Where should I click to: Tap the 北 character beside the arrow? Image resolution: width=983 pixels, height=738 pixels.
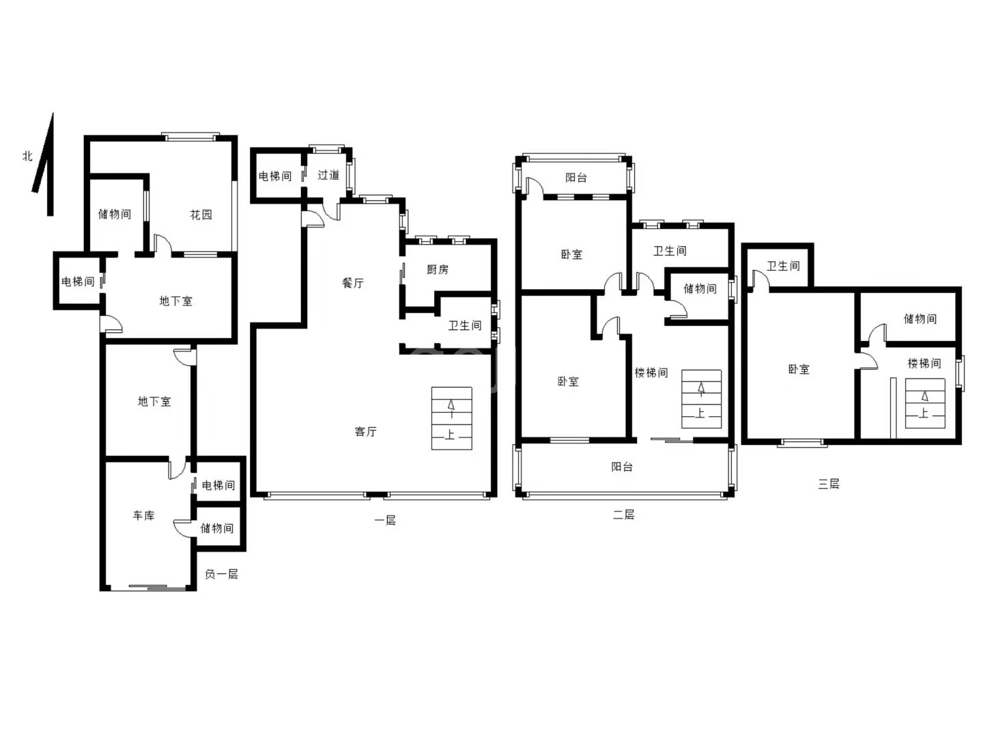coord(28,156)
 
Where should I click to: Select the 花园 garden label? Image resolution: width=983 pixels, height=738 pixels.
coord(201,215)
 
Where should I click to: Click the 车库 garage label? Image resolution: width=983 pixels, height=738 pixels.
coord(144,515)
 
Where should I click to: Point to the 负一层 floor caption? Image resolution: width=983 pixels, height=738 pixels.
coord(221,574)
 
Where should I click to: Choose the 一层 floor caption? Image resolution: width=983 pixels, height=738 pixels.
coord(385,520)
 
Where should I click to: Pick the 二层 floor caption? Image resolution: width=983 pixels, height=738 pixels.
coord(624,515)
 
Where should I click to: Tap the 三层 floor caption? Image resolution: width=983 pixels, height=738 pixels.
coord(829,484)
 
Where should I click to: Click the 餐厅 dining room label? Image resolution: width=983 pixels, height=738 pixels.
coord(353,283)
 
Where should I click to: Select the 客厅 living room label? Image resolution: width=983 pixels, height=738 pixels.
coord(365,431)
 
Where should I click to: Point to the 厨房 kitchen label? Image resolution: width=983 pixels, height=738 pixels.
coord(438,269)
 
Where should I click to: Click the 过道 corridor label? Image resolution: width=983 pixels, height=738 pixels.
coord(328,175)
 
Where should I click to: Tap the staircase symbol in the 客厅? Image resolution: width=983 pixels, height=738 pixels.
coord(451,418)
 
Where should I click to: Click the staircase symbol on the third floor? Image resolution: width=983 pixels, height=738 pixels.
coord(925,404)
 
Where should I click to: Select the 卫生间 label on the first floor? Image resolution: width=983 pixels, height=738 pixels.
coord(465,326)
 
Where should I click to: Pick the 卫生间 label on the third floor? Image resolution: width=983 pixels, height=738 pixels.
coord(783,266)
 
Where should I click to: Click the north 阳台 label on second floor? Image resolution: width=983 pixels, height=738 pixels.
coord(576,178)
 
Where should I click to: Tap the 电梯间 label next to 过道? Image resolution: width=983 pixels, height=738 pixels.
coord(275,176)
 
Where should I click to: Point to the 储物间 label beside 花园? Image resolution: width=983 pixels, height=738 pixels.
coord(115,214)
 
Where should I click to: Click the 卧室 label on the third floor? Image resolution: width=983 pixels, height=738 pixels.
coord(799,369)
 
